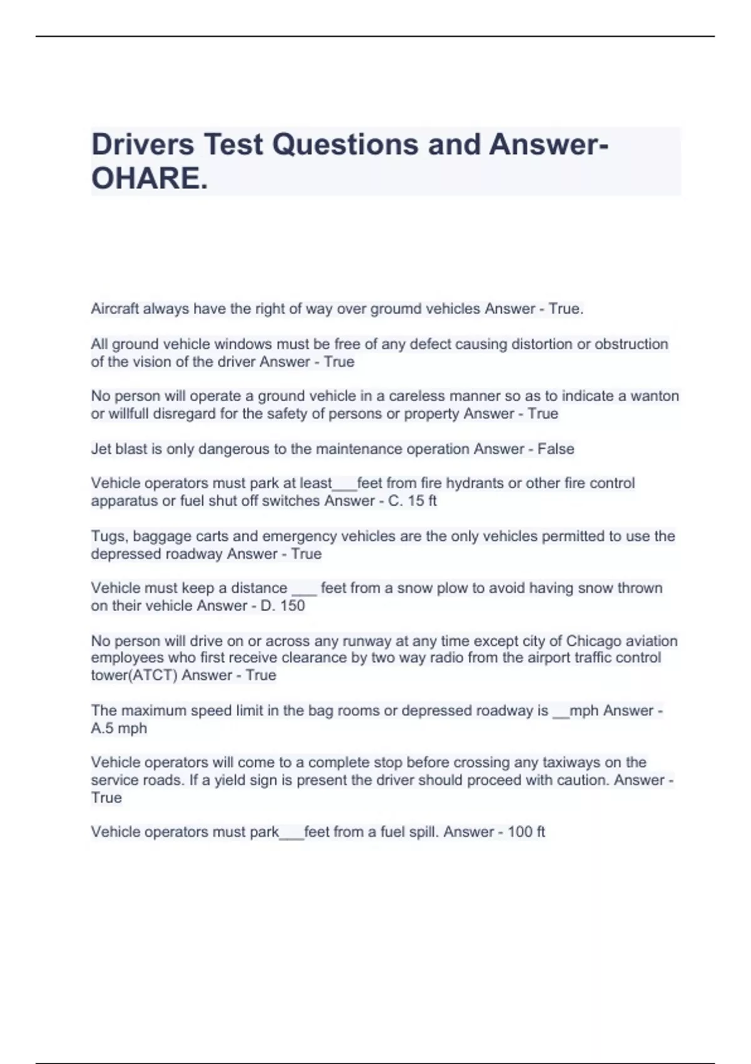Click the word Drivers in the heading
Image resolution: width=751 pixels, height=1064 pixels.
tap(143, 145)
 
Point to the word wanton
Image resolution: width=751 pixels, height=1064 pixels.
tap(655, 396)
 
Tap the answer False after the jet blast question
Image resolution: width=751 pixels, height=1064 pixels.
tap(556, 449)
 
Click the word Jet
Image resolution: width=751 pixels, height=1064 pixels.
tap(101, 449)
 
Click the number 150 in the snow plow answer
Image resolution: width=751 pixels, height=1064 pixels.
tap(292, 606)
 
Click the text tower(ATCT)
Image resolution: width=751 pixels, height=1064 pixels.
tap(134, 675)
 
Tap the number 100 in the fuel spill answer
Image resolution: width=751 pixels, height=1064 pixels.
tap(519, 832)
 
